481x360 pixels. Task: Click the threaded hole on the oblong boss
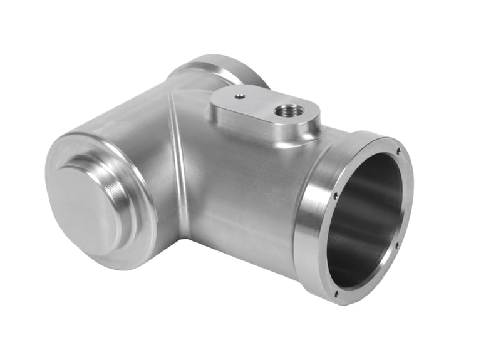pyautogui.click(x=289, y=111)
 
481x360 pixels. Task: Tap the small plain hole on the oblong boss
pyautogui.click(x=239, y=96)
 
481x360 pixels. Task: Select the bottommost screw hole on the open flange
pyautogui.click(x=336, y=293)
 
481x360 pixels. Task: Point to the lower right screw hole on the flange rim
pyautogui.click(x=396, y=245)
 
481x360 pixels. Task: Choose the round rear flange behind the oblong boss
pyautogui.click(x=219, y=69)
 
